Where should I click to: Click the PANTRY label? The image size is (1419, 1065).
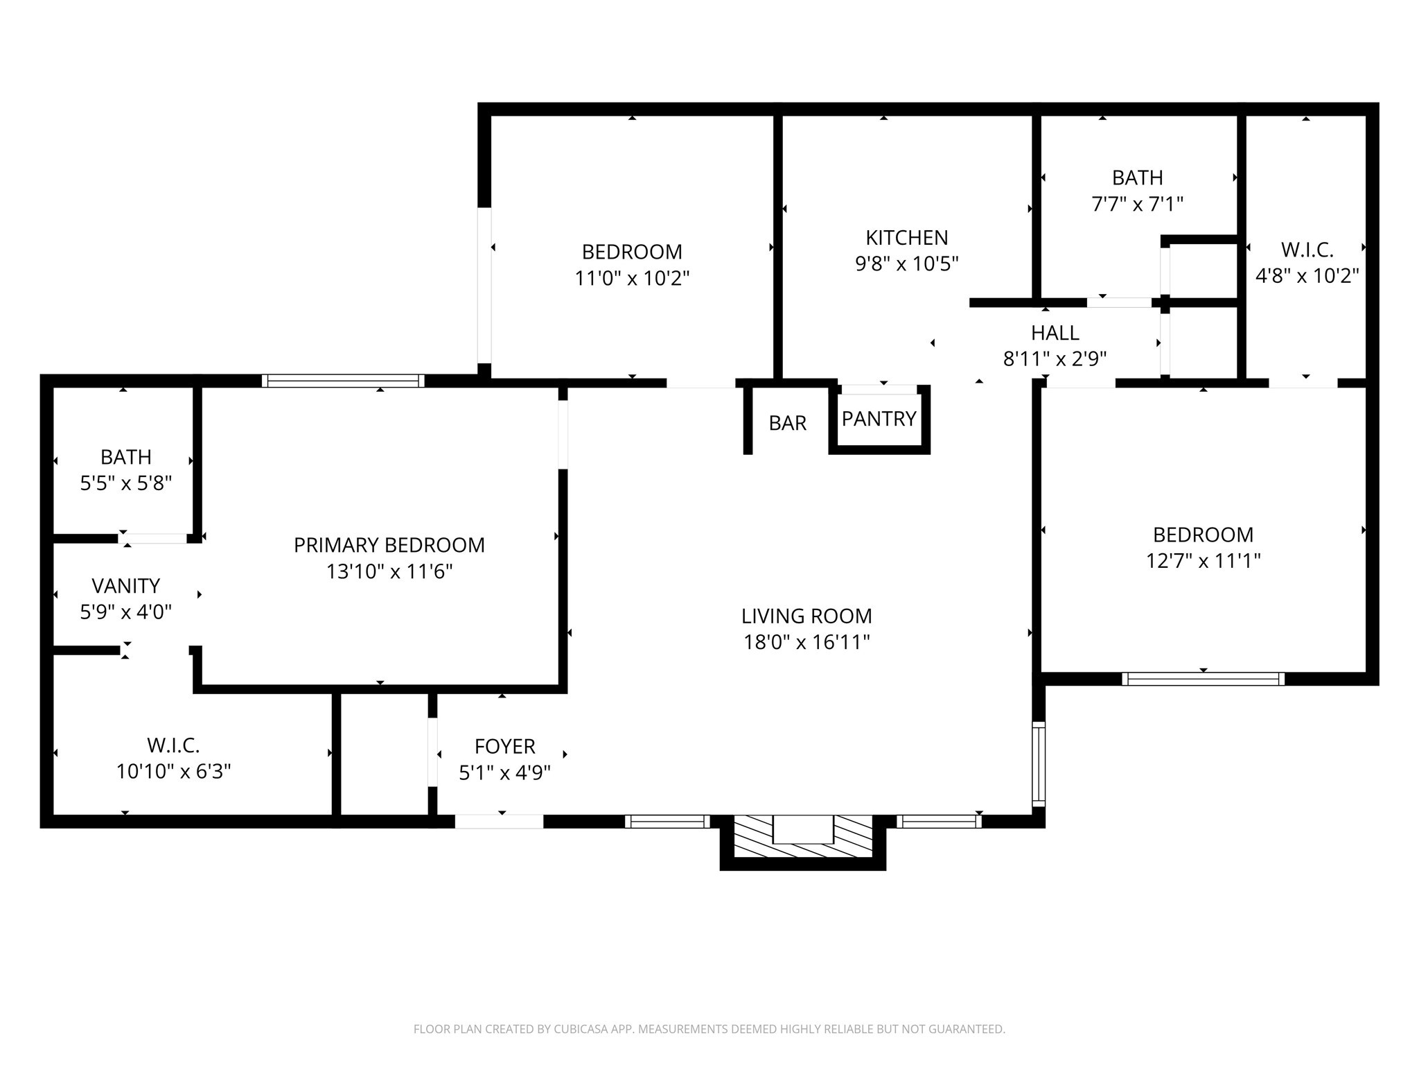[879, 419]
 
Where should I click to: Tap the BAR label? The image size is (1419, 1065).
[787, 423]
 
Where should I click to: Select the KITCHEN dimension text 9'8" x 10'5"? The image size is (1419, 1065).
[906, 264]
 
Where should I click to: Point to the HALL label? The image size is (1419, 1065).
[1055, 333]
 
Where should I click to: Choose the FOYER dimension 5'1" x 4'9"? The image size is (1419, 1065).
[504, 772]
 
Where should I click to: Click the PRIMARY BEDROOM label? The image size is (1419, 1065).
[389, 545]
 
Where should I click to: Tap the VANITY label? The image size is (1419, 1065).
[125, 586]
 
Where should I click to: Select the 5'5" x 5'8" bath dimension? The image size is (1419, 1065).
[125, 483]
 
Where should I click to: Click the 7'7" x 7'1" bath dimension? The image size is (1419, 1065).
[1137, 205]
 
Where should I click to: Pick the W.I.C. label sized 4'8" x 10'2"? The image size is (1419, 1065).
[1307, 250]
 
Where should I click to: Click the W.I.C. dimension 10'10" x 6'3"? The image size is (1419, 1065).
[173, 772]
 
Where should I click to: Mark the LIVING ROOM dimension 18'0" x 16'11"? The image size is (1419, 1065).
[807, 642]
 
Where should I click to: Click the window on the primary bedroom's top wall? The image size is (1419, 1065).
[343, 381]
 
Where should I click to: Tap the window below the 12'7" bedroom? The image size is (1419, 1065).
[1203, 679]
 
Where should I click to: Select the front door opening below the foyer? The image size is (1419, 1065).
[499, 822]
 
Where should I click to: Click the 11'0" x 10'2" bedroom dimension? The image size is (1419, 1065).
[632, 279]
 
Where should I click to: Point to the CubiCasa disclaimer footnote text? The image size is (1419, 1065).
[709, 1029]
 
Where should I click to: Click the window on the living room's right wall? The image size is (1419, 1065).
[1038, 763]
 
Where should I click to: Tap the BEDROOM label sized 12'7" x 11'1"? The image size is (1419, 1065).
[1203, 535]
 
